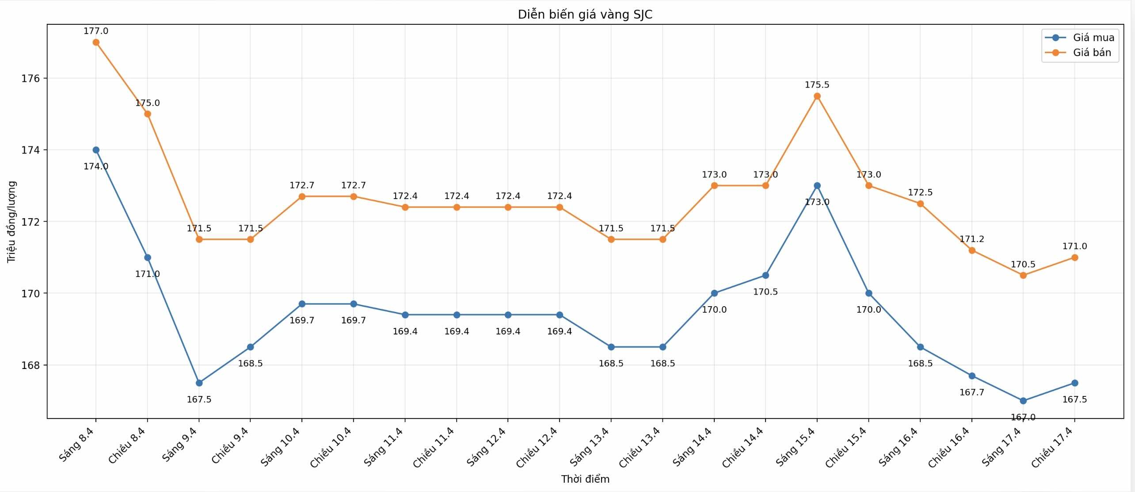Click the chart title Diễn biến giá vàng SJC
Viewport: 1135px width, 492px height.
click(585, 15)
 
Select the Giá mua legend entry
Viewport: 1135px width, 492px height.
click(1093, 38)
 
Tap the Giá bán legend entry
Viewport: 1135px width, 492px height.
click(1092, 53)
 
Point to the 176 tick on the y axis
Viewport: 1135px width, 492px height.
click(30, 78)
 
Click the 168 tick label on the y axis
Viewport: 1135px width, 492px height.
click(30, 365)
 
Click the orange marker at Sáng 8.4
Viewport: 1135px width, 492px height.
click(96, 42)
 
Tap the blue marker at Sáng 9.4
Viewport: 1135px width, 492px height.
click(199, 383)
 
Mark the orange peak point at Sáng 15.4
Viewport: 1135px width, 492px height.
click(817, 96)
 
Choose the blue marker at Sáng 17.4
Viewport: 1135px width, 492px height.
click(1023, 401)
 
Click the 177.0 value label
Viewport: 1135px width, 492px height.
click(96, 31)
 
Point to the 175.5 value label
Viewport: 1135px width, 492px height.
click(817, 85)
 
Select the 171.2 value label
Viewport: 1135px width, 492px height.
click(971, 239)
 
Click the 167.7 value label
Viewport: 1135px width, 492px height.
click(971, 392)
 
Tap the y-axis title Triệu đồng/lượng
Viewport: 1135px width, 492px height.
click(11, 222)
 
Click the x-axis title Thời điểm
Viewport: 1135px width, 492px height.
click(585, 479)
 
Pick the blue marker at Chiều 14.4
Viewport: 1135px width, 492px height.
click(766, 276)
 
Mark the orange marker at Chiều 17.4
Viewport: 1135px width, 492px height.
click(1074, 258)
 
